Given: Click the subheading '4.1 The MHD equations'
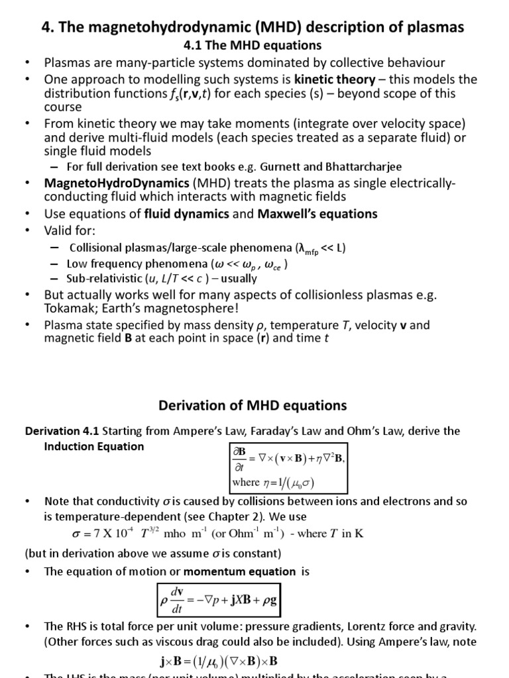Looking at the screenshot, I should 252,46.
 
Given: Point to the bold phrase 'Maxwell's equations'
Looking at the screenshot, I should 317,214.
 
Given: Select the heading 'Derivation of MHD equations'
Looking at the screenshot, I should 251,405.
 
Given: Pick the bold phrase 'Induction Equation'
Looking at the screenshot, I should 93,446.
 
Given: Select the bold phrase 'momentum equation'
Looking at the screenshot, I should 240,571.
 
